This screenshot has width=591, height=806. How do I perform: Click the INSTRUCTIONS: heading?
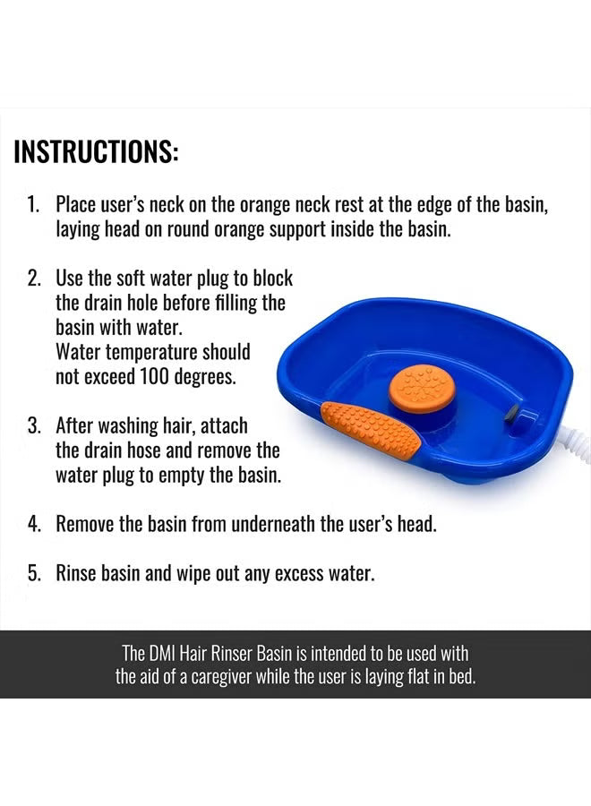[97, 151]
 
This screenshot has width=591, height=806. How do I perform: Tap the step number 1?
[32, 204]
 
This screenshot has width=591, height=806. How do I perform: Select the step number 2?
[32, 278]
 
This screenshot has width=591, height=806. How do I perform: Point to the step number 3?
[32, 424]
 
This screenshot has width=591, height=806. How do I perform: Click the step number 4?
[32, 524]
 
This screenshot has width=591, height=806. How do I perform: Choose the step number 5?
[32, 573]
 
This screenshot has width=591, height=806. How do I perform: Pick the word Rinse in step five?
[77, 573]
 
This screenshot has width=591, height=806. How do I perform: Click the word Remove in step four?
[87, 524]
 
